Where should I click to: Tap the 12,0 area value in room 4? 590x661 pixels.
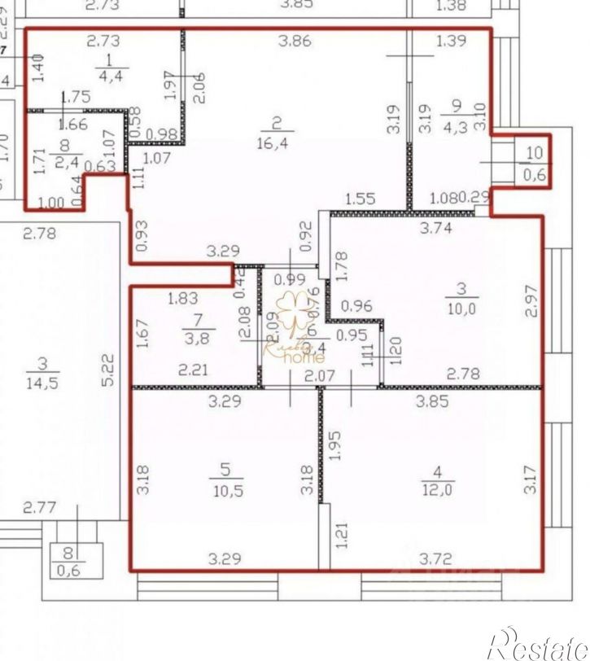[x=437, y=488]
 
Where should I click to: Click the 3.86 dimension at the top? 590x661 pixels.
[x=295, y=41]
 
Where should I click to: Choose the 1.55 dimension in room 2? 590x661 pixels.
[x=359, y=198]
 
